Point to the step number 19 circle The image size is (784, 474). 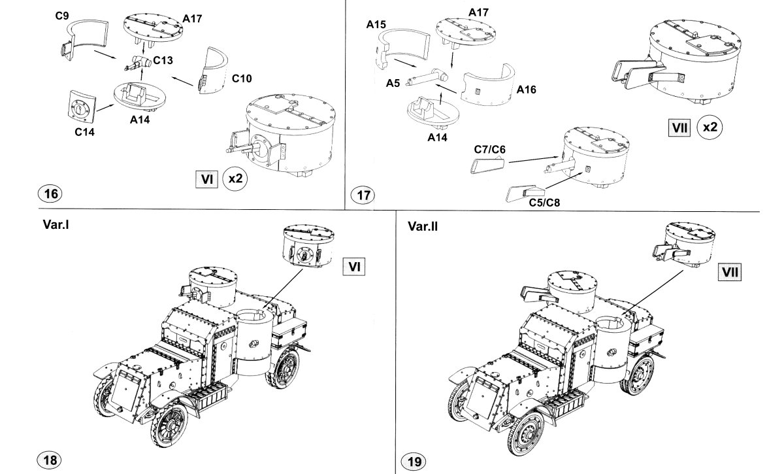point(415,462)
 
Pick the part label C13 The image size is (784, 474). point(163,60)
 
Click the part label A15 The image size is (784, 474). point(376,24)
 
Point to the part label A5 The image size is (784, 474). point(393,83)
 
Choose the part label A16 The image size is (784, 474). point(526,90)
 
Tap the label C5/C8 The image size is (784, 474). point(546,203)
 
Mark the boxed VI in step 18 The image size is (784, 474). point(353,267)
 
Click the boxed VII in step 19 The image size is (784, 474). point(728,272)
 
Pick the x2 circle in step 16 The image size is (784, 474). point(234,178)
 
